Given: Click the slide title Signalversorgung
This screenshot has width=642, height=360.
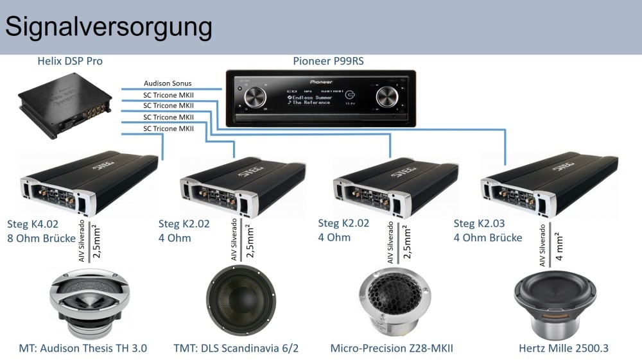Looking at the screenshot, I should [108, 27].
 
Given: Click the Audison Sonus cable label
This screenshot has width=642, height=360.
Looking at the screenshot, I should [168, 83].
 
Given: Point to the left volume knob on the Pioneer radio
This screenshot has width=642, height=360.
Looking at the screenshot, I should [255, 98].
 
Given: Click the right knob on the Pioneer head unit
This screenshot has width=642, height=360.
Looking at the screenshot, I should [388, 98].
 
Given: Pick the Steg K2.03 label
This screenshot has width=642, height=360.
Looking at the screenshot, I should [480, 224].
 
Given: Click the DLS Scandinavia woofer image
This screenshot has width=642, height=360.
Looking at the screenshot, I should [239, 301].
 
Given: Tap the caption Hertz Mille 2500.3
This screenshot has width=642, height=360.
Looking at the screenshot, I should [564, 348].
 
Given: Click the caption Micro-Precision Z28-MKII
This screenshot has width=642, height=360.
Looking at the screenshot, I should [392, 348].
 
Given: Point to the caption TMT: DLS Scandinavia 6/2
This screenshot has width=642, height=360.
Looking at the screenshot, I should [236, 348].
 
